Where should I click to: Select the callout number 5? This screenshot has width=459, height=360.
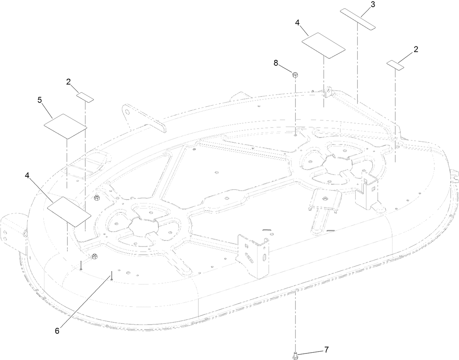click(x=40, y=100)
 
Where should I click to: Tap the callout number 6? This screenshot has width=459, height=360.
click(x=57, y=331)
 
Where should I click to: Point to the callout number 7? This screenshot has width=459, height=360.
click(x=326, y=350)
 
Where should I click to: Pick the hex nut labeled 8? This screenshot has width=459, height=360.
click(x=295, y=75)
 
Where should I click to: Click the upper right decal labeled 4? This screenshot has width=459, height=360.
click(x=324, y=45)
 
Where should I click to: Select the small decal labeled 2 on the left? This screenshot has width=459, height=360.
click(x=85, y=97)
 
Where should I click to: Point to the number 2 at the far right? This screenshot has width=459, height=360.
click(x=416, y=49)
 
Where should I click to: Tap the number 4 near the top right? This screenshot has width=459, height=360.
click(x=297, y=23)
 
